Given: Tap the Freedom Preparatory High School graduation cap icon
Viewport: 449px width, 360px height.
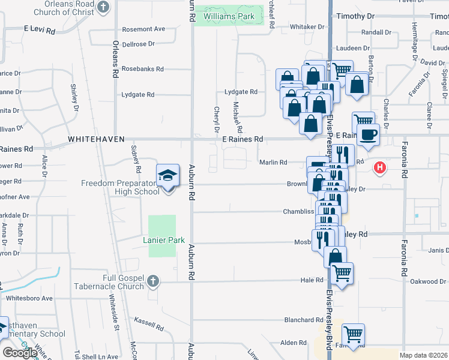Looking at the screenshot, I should pos(167,176).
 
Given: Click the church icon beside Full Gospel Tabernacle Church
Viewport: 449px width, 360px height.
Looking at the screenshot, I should pos(153,280).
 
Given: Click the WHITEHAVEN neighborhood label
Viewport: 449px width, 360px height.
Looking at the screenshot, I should pos(96,139).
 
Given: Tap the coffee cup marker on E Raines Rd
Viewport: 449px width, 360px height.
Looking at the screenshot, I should pos(367,134).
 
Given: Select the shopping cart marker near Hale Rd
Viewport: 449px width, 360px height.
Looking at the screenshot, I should pos(341,273).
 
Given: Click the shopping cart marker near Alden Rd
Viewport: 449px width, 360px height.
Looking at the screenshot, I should pos(353,333).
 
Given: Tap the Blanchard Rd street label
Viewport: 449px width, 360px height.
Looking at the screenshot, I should pos(304,320).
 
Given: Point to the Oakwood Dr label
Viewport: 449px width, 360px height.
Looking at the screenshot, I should pos(428,281).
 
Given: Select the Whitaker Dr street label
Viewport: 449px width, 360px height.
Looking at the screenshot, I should pos(307,27).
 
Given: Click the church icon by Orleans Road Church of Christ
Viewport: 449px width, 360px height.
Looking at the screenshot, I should pos(103,7).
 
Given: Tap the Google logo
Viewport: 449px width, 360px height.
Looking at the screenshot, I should pos(19,352).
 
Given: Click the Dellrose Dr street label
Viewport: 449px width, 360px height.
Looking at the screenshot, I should pos(138,44).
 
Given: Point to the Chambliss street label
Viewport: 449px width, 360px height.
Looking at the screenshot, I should pos(299,212).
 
